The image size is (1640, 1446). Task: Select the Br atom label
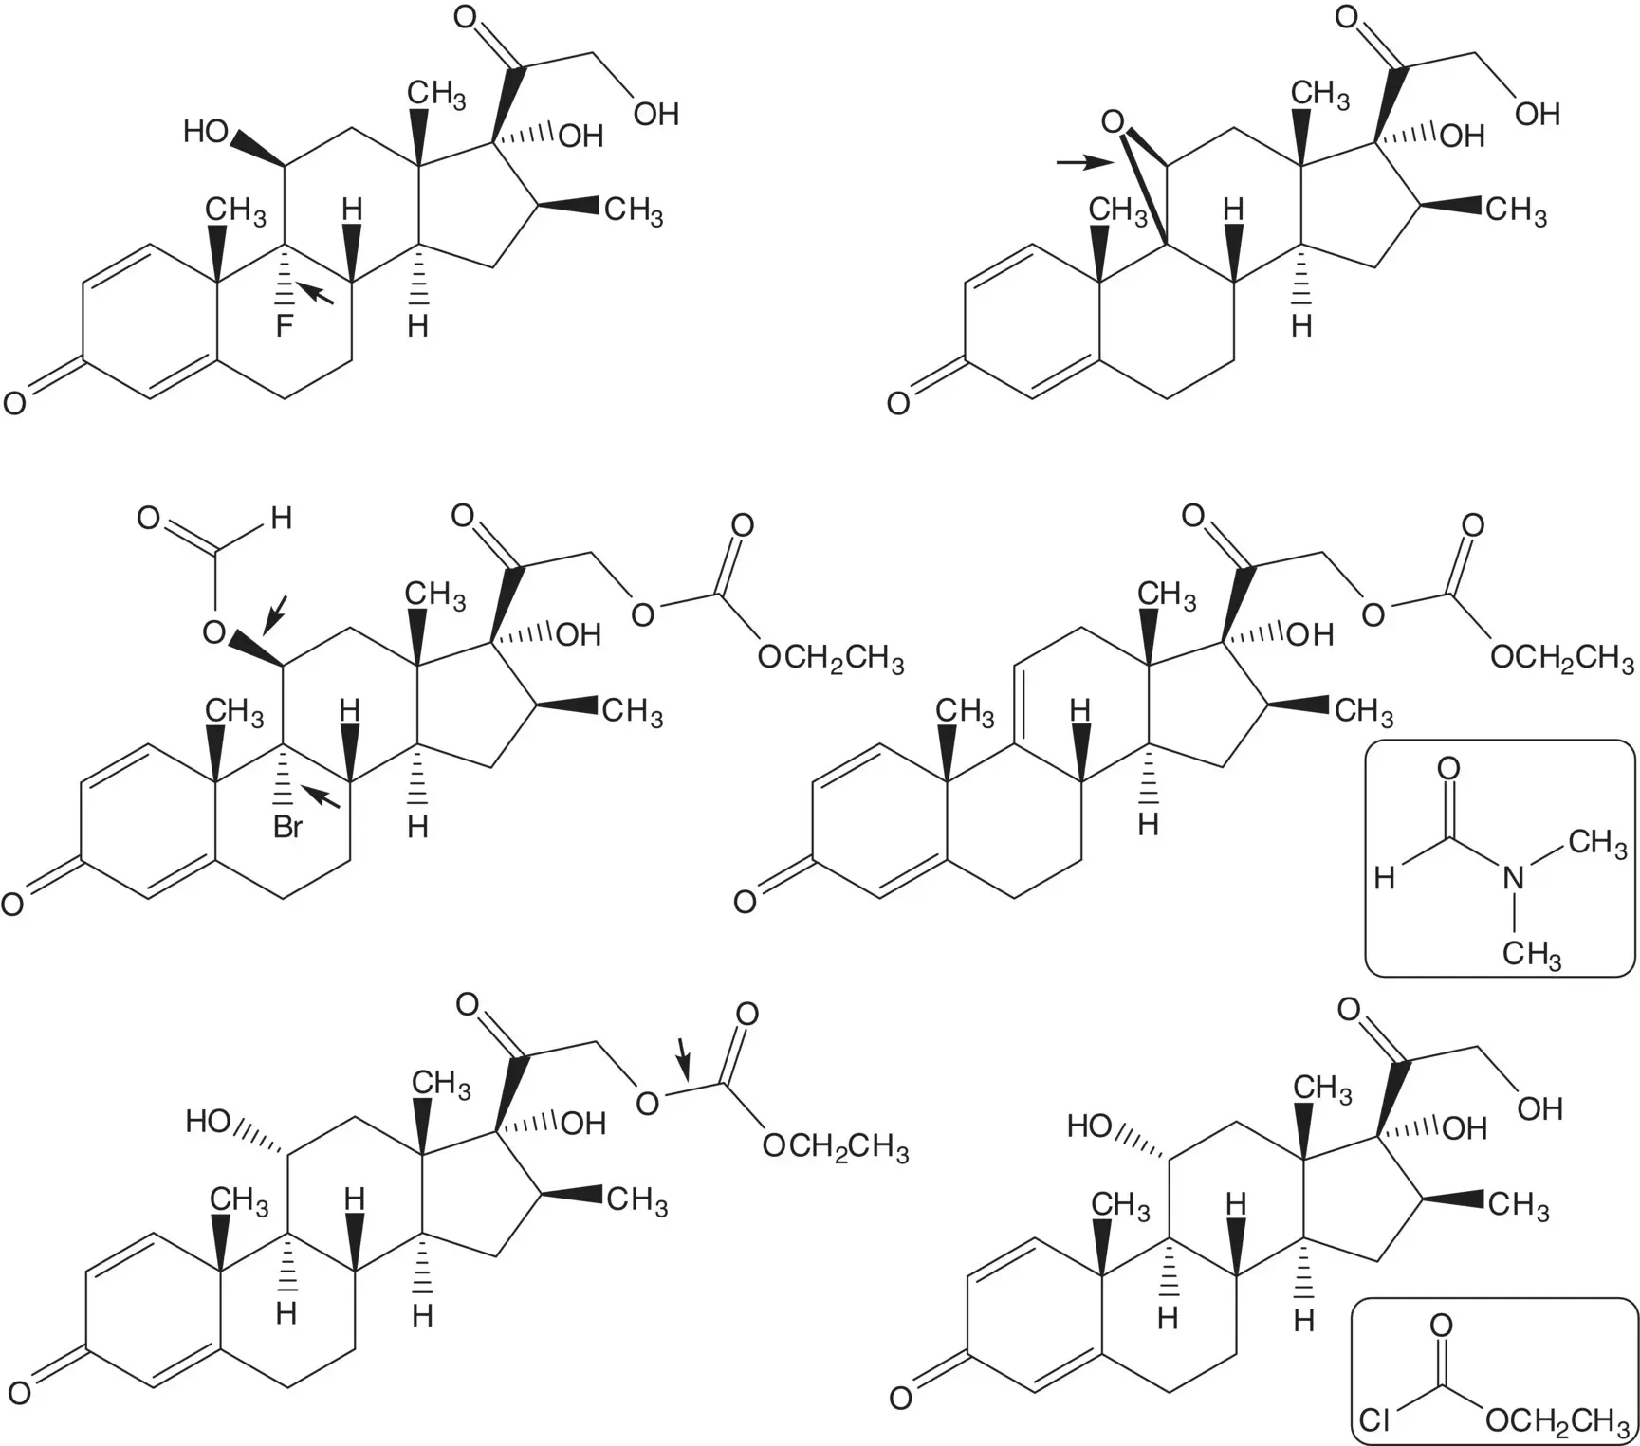point(287,828)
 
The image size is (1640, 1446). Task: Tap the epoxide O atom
point(1113,122)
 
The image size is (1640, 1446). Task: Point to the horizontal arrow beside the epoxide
point(1085,163)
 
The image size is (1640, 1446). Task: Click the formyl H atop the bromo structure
point(281,519)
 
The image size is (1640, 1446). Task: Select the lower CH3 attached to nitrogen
point(1531,952)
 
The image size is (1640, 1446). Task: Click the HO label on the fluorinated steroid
point(206,132)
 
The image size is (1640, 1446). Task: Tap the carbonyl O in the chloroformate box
point(1441,1325)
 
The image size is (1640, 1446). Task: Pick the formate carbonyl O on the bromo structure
point(149,519)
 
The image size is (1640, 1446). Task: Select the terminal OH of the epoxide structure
point(1538,115)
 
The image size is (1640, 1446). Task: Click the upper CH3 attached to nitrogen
point(1598,842)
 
